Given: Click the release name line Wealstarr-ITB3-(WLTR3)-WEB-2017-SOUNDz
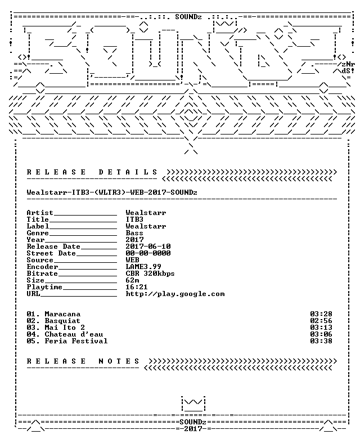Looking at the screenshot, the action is pyautogui.click(x=112, y=192).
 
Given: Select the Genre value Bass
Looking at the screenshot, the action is pyautogui.click(x=134, y=233).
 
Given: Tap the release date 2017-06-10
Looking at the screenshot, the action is pyautogui.click(x=148, y=247).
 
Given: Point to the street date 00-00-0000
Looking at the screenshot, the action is pyautogui.click(x=148, y=253).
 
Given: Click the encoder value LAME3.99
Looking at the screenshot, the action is pyautogui.click(x=143, y=267).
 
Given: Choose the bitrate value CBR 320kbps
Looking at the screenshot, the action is pyautogui.click(x=150, y=274).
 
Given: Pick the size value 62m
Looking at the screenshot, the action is pyautogui.click(x=132, y=280).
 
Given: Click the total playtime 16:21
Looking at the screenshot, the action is pyautogui.click(x=137, y=287).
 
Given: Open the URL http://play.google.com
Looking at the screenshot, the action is pyautogui.click(x=175, y=294).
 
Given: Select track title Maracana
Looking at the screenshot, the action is pyautogui.click(x=62, y=314).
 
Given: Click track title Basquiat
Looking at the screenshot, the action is pyautogui.click(x=62, y=321).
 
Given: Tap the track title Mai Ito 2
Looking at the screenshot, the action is pyautogui.click(x=65, y=328).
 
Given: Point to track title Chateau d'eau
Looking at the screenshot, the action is pyautogui.click(x=74, y=334).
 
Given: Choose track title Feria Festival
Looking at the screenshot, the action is pyautogui.click(x=76, y=341).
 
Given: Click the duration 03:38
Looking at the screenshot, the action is pyautogui.click(x=321, y=341).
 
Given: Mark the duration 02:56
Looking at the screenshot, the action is pyautogui.click(x=321, y=321).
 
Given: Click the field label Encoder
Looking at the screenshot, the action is pyautogui.click(x=42, y=267).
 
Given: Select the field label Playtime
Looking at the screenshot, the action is pyautogui.click(x=44, y=287).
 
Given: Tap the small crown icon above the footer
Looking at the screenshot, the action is pyautogui.click(x=193, y=404).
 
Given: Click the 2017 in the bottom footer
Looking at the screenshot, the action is pyautogui.click(x=193, y=429).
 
